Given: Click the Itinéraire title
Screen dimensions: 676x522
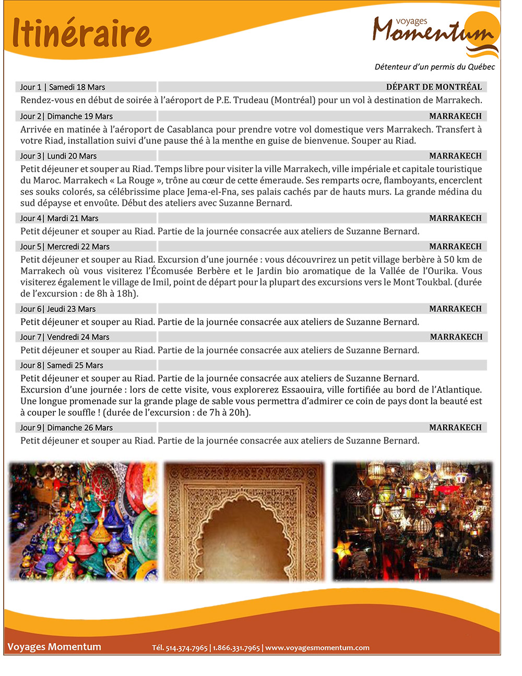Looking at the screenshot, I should click(81, 32).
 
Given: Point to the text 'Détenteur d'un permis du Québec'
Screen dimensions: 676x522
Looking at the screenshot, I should click(434, 67).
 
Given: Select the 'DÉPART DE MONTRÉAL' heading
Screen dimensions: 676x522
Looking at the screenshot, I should click(434, 87).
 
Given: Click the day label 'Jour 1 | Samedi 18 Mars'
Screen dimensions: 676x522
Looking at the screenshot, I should click(63, 87).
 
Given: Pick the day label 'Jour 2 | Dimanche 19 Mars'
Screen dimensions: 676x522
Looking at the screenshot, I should click(66, 116).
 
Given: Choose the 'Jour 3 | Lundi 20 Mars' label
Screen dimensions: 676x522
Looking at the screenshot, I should click(58, 156).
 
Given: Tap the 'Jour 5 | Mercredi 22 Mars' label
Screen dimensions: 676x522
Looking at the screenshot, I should click(65, 247).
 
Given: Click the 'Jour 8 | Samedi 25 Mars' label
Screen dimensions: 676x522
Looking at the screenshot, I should click(62, 365).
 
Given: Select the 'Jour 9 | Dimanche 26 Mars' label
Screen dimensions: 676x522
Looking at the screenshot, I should click(66, 427).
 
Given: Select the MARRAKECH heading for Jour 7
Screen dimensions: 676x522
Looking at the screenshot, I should click(456, 337).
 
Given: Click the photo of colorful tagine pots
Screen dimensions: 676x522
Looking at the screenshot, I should click(84, 521).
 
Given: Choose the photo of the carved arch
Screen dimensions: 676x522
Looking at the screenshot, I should click(244, 521).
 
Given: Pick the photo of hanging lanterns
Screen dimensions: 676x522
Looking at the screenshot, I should click(412, 521).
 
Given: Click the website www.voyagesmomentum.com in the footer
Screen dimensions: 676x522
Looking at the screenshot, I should click(317, 648).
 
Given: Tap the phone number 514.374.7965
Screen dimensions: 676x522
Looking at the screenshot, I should click(186, 648).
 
